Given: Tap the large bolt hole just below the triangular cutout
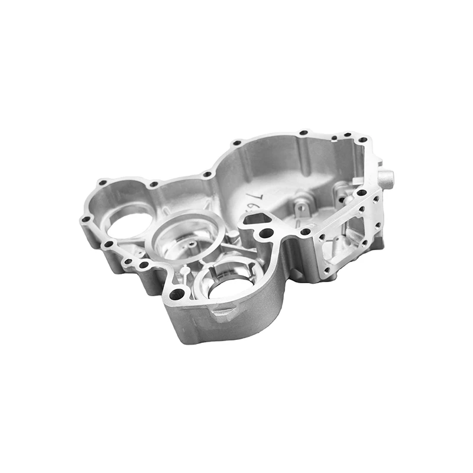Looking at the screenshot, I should (x=267, y=233).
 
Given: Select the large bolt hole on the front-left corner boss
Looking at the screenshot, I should (x=176, y=293).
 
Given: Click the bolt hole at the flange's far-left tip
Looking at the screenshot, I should (x=86, y=219).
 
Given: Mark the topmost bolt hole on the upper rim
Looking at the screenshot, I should (x=303, y=133).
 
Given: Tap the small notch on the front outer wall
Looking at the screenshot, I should (x=221, y=312).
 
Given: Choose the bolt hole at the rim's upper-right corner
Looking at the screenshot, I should (x=362, y=140).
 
